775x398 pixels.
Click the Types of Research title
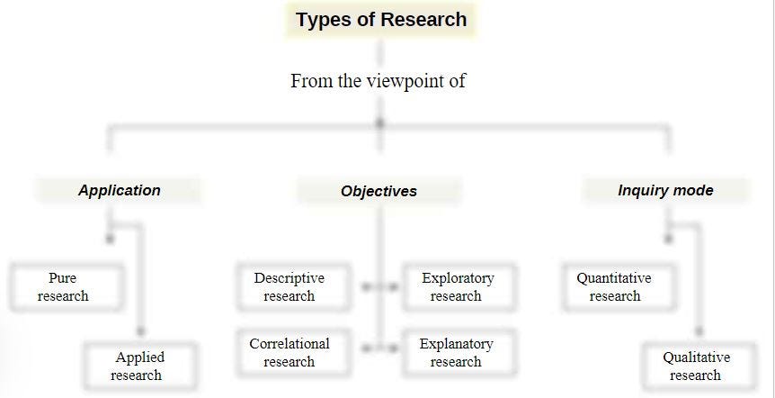coord(381,20)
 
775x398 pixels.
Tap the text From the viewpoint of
coord(379,81)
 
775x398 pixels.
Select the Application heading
coord(119,190)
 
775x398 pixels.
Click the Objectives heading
coord(379,191)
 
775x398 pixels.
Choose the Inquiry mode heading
coord(666,190)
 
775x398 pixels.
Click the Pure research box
coord(67,287)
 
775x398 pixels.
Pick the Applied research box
coord(140,366)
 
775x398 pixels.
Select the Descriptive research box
coord(294,287)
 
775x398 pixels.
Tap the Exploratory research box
coord(459,287)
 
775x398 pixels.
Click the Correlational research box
coord(294,352)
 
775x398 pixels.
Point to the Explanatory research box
coord(459,352)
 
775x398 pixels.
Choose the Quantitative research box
coord(619,287)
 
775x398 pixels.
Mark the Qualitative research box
coord(699,366)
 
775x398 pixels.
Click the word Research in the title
coord(424,20)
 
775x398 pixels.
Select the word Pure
coord(63,278)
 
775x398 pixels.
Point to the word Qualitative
coord(696,357)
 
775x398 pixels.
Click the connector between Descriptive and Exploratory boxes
coord(379,286)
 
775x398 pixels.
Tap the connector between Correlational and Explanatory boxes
coord(379,349)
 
